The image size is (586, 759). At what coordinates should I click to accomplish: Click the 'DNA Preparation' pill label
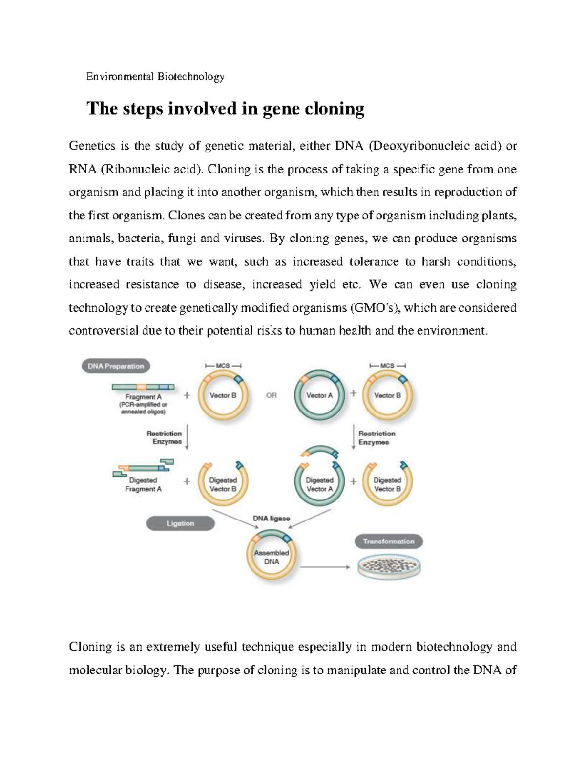[x=116, y=366]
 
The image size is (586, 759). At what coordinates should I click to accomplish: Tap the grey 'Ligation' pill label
[x=180, y=523]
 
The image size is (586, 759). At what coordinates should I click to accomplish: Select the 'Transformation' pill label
[x=388, y=542]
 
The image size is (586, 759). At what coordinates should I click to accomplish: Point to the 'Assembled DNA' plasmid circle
[x=271, y=557]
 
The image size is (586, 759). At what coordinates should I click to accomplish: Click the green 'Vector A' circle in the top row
[x=319, y=395]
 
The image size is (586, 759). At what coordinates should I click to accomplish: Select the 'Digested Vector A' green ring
[x=319, y=484]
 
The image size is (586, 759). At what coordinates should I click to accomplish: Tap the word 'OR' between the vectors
[x=271, y=395]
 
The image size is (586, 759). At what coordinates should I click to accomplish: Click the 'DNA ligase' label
[x=271, y=518]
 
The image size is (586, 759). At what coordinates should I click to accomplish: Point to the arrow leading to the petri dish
[x=325, y=567]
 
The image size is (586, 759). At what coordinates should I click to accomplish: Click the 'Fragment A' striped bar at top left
[x=143, y=387]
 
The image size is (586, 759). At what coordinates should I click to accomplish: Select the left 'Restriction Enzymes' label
[x=164, y=437]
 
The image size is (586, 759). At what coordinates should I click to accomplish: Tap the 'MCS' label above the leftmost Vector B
[x=223, y=366]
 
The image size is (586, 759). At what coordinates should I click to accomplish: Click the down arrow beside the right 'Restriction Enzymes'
[x=353, y=438]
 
